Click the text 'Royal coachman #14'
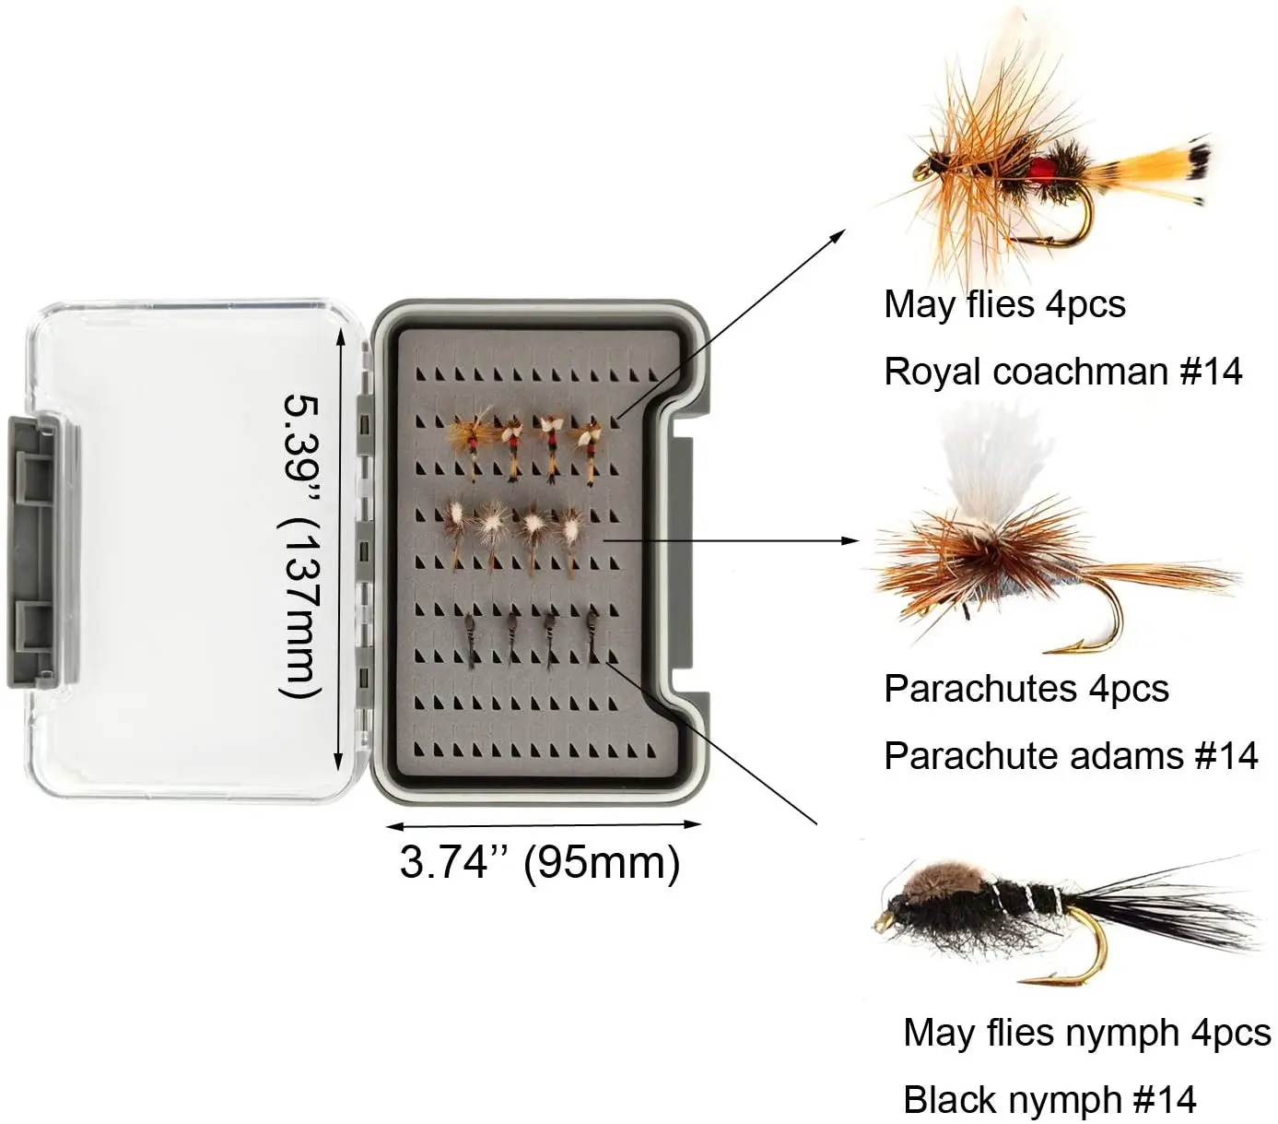[1062, 372]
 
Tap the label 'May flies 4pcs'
[1004, 304]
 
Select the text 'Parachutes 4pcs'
[1026, 689]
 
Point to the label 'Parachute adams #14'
[1071, 756]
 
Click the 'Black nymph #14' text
[1049, 1100]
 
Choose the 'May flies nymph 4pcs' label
[1086, 1033]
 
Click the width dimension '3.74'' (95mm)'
[540, 862]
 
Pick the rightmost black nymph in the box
[591, 636]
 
